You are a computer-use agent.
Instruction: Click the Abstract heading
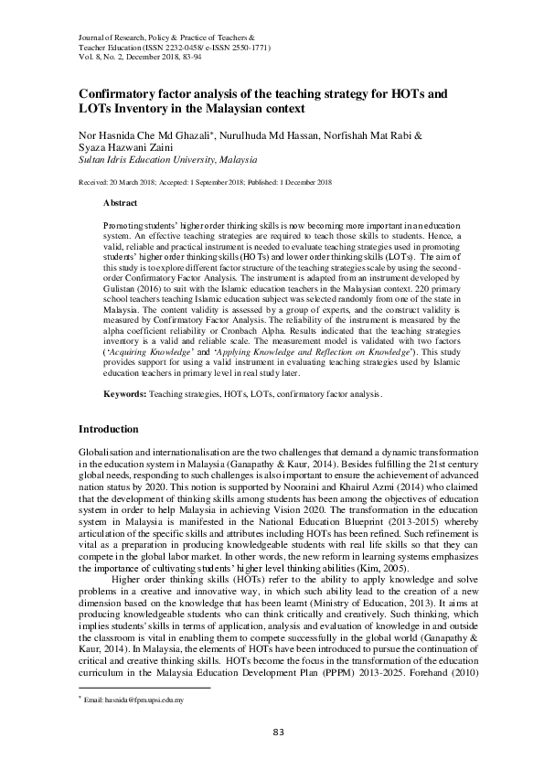point(121,201)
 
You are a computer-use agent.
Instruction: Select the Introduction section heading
point(109,429)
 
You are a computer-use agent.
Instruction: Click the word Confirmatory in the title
point(116,93)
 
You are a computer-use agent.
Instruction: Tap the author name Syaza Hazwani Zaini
point(115,146)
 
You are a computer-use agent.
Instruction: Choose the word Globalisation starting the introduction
point(109,454)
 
